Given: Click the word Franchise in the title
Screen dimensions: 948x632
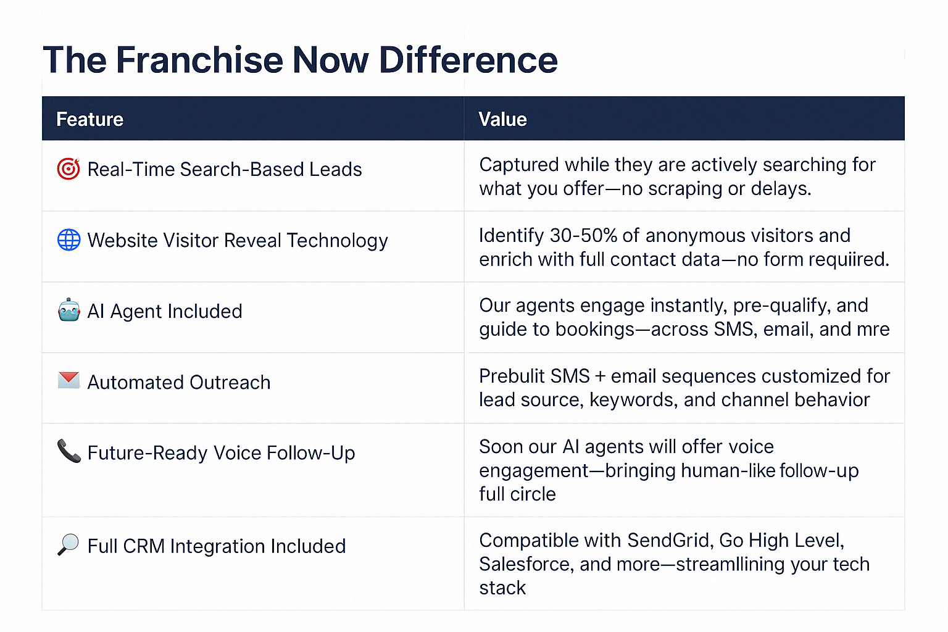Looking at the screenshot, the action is pos(199,60).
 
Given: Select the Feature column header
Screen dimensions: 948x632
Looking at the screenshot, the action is pos(89,119).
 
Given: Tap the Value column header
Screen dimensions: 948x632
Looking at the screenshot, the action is pos(503,119).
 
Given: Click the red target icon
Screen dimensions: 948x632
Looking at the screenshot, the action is pos(69,169).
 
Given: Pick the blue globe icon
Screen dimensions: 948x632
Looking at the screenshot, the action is pos(69,240).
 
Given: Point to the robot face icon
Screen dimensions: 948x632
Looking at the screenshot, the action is pos(69,310).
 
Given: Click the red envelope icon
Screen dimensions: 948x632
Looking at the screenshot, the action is pos(69,380).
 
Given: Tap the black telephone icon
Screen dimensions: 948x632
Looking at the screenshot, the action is pos(69,451).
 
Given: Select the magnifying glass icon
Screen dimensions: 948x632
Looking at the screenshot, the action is pos(68,545).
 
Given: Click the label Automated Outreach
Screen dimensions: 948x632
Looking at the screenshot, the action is pos(178,382).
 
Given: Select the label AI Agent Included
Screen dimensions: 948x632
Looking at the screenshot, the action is pos(165,311).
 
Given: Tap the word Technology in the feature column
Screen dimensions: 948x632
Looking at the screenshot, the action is pos(337,241).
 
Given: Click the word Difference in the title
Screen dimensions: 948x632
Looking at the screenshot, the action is pos(468,60).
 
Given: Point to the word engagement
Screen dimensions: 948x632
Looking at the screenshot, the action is pos(534,472).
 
